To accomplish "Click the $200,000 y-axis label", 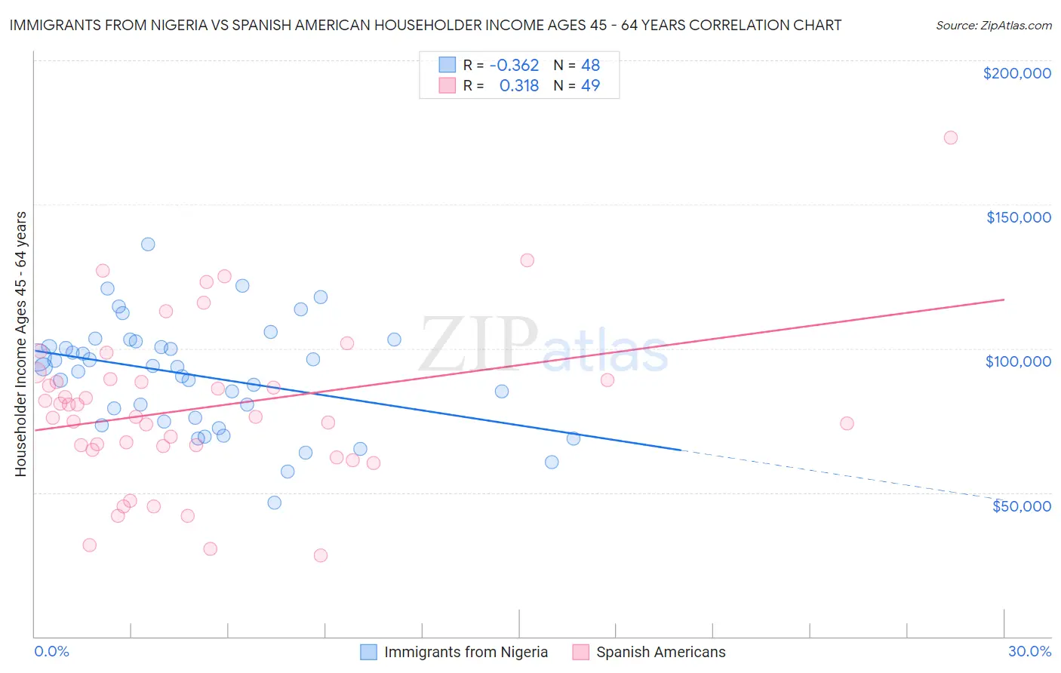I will coord(1016,73).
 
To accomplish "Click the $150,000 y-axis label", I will coord(1018,217).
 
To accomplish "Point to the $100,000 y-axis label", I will coord(1018,361).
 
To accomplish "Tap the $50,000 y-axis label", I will coord(1021,506).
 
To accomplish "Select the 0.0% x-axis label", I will coord(51,651).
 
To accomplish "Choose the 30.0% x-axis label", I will coord(1029,651).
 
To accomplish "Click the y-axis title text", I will coord(20,344).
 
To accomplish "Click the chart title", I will coord(425,25).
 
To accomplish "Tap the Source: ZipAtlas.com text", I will coord(993,26).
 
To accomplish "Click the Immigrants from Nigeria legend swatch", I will coord(368,652).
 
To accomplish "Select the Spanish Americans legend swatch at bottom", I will coord(580,652).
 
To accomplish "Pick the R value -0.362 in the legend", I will coord(514,66).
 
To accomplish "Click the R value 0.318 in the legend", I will coord(519,86).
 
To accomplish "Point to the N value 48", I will coord(590,66).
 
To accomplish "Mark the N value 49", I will coord(590,86).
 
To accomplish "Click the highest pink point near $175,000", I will coord(951,137).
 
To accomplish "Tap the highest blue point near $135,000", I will coord(148,244).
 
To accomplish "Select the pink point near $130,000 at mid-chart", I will coord(527,260).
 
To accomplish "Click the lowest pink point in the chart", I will coord(320,555).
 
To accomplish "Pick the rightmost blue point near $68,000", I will coord(574,438).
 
